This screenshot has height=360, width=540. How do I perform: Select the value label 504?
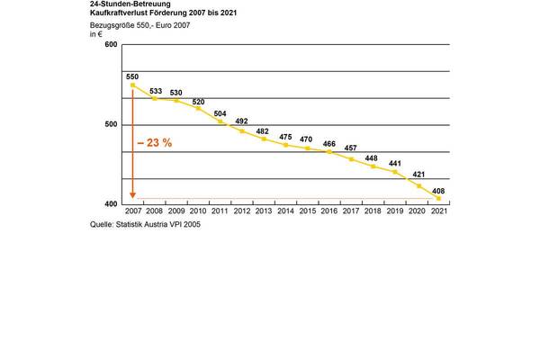pyautogui.click(x=220, y=113)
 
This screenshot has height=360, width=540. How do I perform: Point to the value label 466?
pyautogui.click(x=330, y=143)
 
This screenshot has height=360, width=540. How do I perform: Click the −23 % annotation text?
pyautogui.click(x=155, y=143)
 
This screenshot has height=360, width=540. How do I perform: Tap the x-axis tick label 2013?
pyautogui.click(x=264, y=211)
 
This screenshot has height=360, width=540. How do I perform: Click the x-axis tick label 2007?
pyautogui.click(x=133, y=211)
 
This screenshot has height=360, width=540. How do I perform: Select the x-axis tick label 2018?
pyautogui.click(x=373, y=211)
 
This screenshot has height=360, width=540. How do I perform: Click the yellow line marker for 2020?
pyautogui.click(x=418, y=186)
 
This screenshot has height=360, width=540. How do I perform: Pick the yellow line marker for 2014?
pyautogui.click(x=285, y=144)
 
